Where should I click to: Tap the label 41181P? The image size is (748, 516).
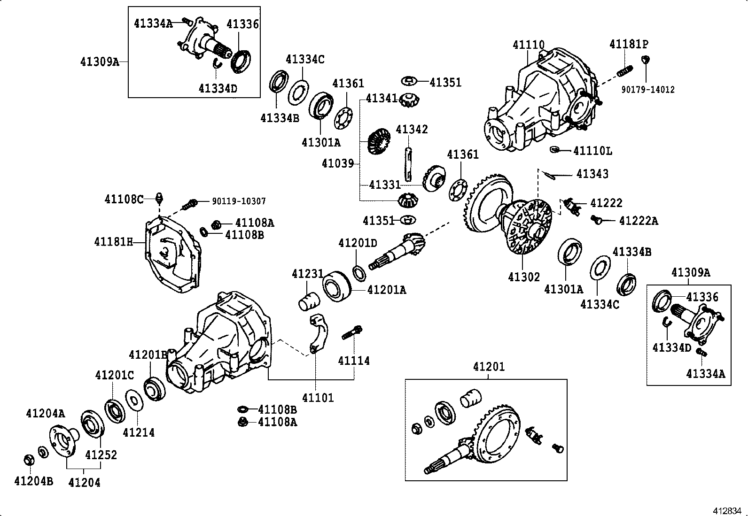(x=629, y=44)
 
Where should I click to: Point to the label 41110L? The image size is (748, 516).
(x=592, y=151)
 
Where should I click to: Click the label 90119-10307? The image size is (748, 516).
(x=238, y=201)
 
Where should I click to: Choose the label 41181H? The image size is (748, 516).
(x=114, y=242)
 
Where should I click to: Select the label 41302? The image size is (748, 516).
(x=524, y=277)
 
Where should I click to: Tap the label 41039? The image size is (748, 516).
(x=337, y=163)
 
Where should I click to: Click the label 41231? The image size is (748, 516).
(x=307, y=274)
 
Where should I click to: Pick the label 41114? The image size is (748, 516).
(x=354, y=361)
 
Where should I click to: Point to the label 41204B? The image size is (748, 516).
(x=34, y=481)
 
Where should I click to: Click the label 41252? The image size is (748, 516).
(x=101, y=454)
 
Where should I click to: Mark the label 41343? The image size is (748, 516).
(x=592, y=174)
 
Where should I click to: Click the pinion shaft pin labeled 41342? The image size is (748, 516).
(x=408, y=165)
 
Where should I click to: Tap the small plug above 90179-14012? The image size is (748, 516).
(x=646, y=59)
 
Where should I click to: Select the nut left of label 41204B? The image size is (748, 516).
(x=28, y=460)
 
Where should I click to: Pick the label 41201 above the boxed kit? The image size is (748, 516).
(x=489, y=367)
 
